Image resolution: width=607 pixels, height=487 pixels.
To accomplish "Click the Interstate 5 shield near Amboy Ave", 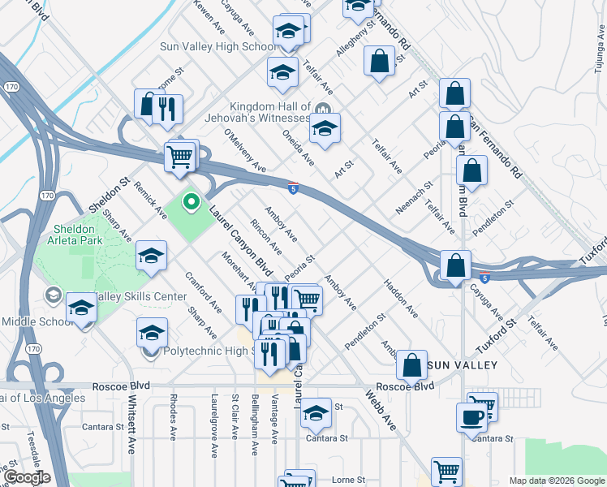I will (292, 188).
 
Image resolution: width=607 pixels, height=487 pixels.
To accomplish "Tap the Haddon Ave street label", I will (401, 299).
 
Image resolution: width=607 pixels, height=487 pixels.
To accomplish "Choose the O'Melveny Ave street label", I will (244, 152).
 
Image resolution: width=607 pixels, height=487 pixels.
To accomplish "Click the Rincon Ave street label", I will (265, 235).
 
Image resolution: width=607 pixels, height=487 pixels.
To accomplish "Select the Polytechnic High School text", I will (215, 351).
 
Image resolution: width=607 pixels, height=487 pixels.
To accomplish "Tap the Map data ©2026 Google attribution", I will (557, 481).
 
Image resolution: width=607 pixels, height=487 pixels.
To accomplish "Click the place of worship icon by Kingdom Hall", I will (322, 108).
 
